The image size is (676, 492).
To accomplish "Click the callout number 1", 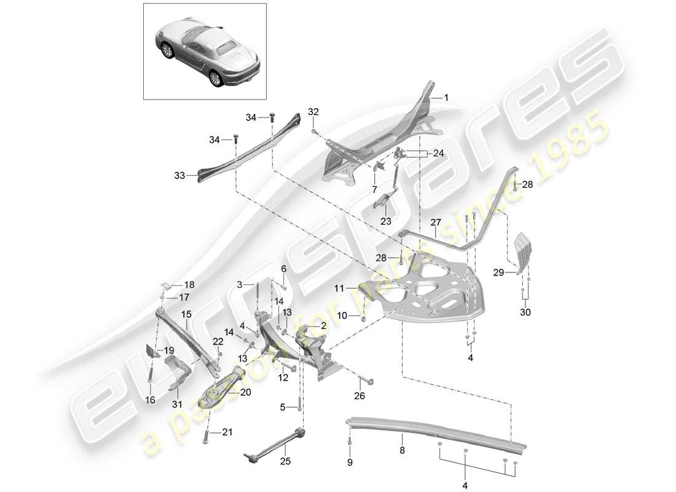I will pos(447,97).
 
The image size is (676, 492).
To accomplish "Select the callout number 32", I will pos(313,112).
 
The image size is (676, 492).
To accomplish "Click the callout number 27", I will pos(436,223).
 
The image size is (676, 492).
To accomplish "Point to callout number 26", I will pos(359,396).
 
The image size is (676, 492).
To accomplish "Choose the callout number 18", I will pos(189,285).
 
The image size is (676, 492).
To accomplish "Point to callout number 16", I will pos(149,400).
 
